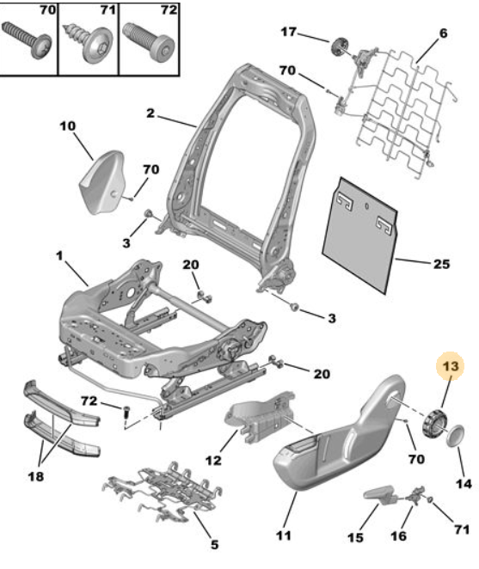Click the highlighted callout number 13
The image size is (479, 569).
click(451, 366)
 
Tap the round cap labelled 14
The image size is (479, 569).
click(456, 436)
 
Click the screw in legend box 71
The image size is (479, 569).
click(89, 42)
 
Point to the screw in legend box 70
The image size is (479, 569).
click(28, 40)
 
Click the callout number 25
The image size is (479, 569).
click(441, 264)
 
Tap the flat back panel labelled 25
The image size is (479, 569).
click(359, 236)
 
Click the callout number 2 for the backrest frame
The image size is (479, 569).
click(150, 113)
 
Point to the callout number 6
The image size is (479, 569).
click(443, 34)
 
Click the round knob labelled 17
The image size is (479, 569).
click(341, 46)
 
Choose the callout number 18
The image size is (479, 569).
click(35, 476)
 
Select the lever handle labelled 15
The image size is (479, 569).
click(380, 495)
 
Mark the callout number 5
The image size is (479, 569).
click(215, 544)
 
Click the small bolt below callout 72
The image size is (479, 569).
click(126, 413)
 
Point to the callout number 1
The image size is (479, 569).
click(59, 256)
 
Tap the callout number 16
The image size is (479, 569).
click(398, 536)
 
